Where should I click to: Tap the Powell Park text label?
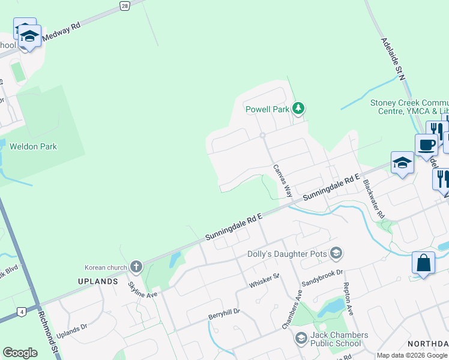click(267, 109)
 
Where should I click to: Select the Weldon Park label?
click(32, 146)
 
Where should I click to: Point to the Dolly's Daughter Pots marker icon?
click(336, 254)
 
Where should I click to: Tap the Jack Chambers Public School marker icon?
click(300, 339)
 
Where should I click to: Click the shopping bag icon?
click(423, 263)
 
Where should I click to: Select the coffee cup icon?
click(426, 145)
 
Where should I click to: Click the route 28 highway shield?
click(124, 5)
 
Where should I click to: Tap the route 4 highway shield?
click(22, 311)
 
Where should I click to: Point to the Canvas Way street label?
click(282, 181)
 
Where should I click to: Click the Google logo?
click(20, 353)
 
